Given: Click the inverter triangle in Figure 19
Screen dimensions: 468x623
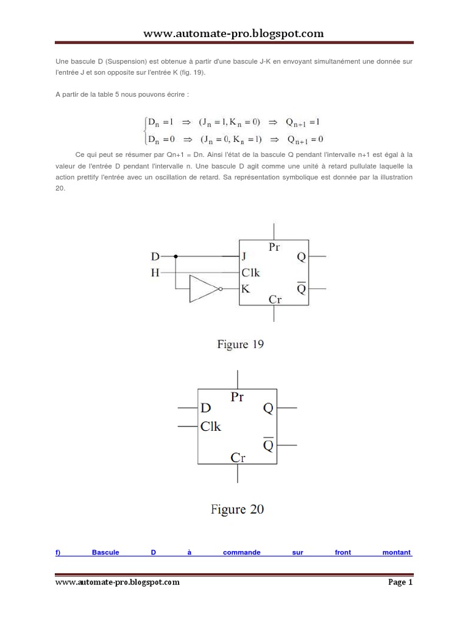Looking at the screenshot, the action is click(x=202, y=288).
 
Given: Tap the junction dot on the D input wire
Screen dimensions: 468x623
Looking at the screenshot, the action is click(x=175, y=257).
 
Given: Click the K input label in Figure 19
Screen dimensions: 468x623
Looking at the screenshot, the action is click(x=245, y=289).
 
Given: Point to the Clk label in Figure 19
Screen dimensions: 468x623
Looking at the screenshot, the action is click(x=250, y=273).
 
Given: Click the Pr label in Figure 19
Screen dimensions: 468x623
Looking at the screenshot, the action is click(x=274, y=247).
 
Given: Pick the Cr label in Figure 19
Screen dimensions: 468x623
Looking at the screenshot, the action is click(x=274, y=299).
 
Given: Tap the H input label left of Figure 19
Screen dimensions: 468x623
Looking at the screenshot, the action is click(x=155, y=273).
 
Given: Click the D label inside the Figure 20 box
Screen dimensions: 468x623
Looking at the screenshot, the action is click(x=206, y=408).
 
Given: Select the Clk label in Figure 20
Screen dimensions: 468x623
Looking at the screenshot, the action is click(x=211, y=426).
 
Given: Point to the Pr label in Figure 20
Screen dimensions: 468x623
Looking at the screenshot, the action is click(x=237, y=397).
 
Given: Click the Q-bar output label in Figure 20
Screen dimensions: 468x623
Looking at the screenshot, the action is click(x=268, y=445).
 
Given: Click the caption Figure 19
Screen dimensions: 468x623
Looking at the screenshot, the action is click(x=241, y=344).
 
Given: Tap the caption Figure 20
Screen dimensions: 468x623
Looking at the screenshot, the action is click(x=237, y=509).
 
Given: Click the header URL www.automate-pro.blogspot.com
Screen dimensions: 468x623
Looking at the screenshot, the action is click(x=233, y=33).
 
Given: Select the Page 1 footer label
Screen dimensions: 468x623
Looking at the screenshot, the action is click(x=400, y=582).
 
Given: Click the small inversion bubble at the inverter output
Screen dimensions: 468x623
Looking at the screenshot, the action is click(x=221, y=289).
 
